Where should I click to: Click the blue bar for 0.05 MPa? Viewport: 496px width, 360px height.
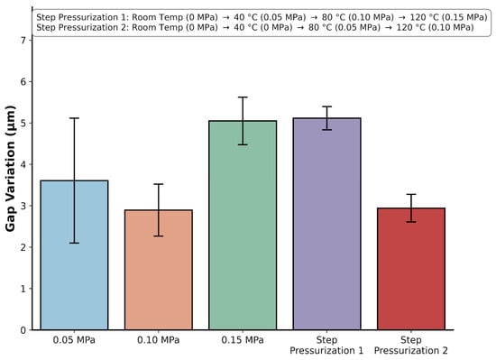[x=74, y=255]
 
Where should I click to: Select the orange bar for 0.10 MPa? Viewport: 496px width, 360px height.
[x=159, y=270]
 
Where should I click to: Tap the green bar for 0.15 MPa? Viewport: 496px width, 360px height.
[x=243, y=226]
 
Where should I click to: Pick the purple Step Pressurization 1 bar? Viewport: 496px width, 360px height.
[x=326, y=224]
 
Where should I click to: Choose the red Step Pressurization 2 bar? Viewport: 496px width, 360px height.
[x=411, y=269]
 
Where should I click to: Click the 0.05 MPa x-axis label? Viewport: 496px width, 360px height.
[x=74, y=340]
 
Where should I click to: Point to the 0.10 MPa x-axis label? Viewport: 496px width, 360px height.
[x=158, y=340]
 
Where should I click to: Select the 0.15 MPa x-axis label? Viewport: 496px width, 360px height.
[x=243, y=340]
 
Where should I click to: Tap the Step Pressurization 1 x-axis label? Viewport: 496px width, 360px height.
[x=326, y=346]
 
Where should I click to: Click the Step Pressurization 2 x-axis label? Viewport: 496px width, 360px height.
[x=411, y=346]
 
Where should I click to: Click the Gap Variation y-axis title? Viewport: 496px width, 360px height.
[x=10, y=169]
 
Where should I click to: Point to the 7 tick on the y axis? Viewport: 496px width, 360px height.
[x=23, y=41]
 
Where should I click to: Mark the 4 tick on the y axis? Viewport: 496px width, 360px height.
[x=23, y=164]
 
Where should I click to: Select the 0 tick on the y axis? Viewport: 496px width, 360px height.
[x=23, y=330]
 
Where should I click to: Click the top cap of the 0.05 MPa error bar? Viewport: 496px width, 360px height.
[x=74, y=118]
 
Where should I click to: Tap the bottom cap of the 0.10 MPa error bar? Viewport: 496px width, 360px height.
[x=159, y=236]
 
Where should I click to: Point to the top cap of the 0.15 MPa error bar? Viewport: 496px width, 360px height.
[x=243, y=97]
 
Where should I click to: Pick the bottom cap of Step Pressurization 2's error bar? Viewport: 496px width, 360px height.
[x=411, y=222]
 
